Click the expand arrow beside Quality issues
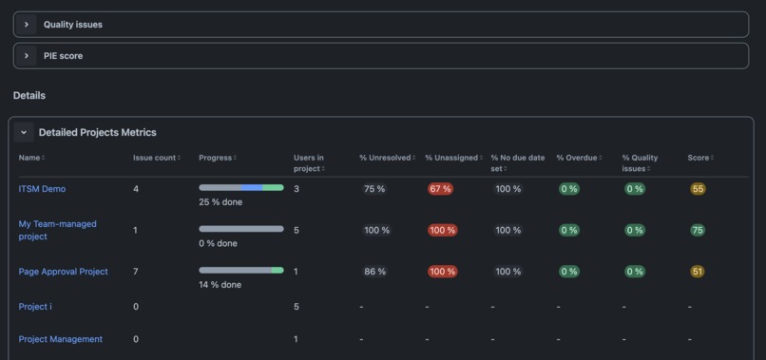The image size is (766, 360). click(x=27, y=25)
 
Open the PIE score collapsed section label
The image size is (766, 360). click(x=63, y=56)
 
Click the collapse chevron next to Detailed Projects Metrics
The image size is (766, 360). click(x=25, y=133)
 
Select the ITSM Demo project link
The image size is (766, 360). click(x=42, y=189)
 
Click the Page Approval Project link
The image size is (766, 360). click(x=63, y=272)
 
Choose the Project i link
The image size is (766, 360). click(x=35, y=307)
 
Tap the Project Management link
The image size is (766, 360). click(x=61, y=339)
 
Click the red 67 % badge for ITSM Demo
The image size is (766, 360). click(x=441, y=189)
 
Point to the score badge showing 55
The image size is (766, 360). click(x=698, y=189)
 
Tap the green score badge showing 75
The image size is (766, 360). click(x=698, y=230)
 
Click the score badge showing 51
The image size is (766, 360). click(x=698, y=272)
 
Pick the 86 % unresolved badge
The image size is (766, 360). click(x=375, y=272)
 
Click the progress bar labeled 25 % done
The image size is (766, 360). click(x=241, y=188)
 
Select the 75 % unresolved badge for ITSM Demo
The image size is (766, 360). click(x=374, y=189)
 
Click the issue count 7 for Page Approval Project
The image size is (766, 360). click(x=136, y=272)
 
